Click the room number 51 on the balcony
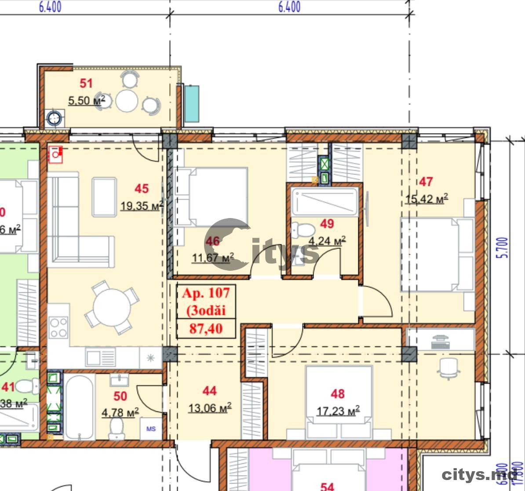(x=86, y=83)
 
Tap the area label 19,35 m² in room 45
(x=142, y=205)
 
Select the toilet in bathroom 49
(x=303, y=229)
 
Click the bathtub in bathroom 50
(x=79, y=406)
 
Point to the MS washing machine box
(x=151, y=429)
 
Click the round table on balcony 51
(x=127, y=101)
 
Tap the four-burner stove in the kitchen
(x=58, y=327)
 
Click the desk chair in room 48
(x=448, y=367)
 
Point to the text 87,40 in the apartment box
(x=206, y=328)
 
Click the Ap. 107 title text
(x=206, y=293)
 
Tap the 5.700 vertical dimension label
(x=504, y=247)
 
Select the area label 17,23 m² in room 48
(x=338, y=411)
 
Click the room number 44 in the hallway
(x=209, y=390)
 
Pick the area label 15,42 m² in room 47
(x=426, y=199)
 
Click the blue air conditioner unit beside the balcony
(x=191, y=104)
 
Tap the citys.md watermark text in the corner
(x=479, y=474)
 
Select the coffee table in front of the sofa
(x=104, y=197)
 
